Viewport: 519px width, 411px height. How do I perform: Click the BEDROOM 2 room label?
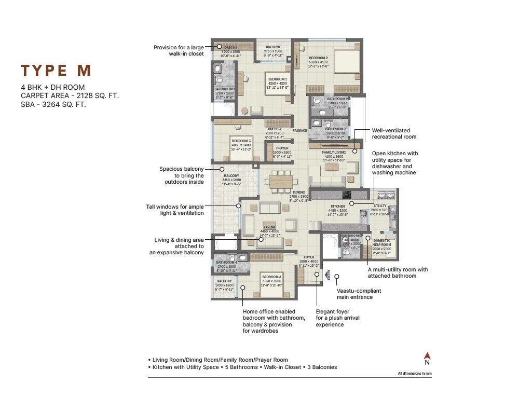[x=319, y=58]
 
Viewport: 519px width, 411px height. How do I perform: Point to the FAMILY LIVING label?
[x=334, y=153]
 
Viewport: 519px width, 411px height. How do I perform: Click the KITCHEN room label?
[x=337, y=207]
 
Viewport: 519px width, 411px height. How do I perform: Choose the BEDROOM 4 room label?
[x=272, y=277]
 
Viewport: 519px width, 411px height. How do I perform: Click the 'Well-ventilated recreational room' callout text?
[x=393, y=134]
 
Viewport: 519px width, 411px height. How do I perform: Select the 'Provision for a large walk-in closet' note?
[x=179, y=50]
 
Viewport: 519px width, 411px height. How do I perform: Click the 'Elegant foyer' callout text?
[x=337, y=318]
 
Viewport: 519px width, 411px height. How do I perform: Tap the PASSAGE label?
[x=300, y=131]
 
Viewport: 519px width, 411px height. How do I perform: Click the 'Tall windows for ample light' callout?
[x=175, y=210]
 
